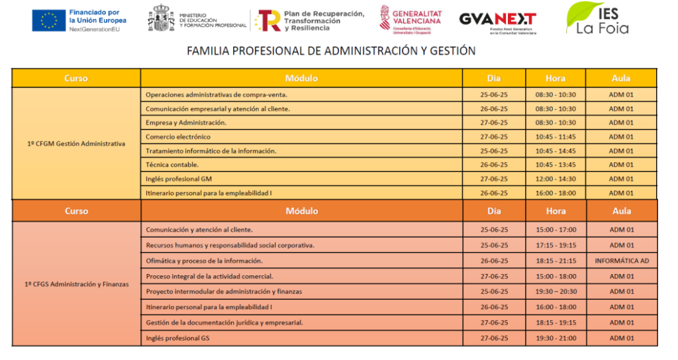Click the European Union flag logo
coord(48,21)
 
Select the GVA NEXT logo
coord(497,21)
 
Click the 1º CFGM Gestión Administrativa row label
coord(76,144)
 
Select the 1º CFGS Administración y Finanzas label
coord(76,284)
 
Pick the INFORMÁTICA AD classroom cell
coord(622,261)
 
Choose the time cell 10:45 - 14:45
coord(556,151)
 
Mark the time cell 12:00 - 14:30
coord(556,179)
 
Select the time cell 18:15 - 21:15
coord(556,261)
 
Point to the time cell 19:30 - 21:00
coord(556,338)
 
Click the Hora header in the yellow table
coord(556,78)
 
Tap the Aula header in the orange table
coord(622,211)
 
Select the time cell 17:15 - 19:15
coord(556,246)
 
